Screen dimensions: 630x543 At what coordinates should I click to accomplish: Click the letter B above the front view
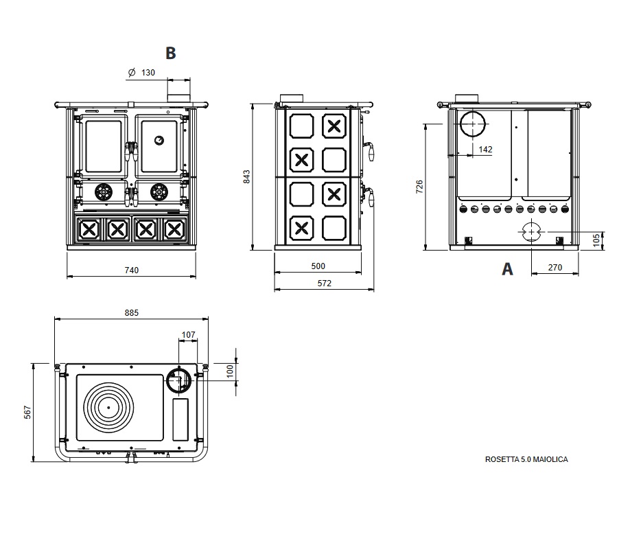(x=171, y=53)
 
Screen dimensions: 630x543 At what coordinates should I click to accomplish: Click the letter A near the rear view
(x=507, y=269)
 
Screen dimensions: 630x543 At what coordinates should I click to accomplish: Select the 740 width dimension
(x=131, y=270)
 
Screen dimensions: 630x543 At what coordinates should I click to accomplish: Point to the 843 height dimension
(x=246, y=177)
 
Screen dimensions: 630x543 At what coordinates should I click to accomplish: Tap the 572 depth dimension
(x=324, y=284)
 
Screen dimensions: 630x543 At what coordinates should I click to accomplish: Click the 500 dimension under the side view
(x=318, y=266)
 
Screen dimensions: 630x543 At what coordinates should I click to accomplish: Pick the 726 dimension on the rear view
(x=419, y=187)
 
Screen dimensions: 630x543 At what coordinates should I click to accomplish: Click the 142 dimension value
(x=485, y=150)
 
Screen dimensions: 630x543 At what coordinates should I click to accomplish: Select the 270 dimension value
(x=555, y=267)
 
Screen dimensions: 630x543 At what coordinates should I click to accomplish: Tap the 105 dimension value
(x=596, y=240)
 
